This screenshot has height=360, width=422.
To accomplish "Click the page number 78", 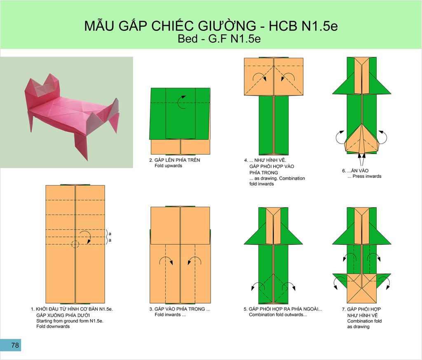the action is (x=15, y=345).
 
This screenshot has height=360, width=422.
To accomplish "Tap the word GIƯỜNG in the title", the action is (x=227, y=26).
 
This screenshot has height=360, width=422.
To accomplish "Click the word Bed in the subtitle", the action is (x=188, y=39).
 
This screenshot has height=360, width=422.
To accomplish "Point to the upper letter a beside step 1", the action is (x=110, y=234).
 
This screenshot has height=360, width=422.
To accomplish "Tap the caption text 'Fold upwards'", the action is (x=168, y=166).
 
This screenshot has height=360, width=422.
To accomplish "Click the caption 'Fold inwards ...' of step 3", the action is (x=170, y=315).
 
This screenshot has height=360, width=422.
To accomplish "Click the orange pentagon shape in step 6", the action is (x=362, y=138).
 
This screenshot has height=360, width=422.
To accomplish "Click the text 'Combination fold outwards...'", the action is (x=278, y=315).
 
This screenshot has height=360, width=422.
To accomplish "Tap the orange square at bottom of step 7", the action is (x=362, y=288).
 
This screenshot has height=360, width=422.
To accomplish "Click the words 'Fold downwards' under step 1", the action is (x=53, y=326).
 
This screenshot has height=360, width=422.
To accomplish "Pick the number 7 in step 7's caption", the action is (x=343, y=309).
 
